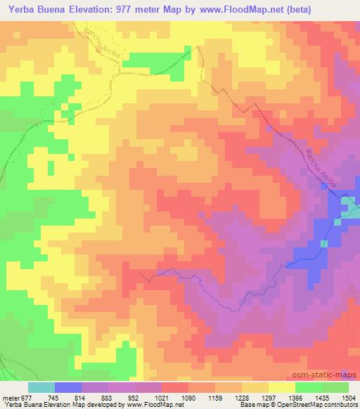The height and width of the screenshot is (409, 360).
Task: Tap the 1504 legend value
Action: coord(347,398)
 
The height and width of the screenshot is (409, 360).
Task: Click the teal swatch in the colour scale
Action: coord(41,388)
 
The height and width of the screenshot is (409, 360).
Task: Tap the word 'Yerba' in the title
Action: coord(20,9)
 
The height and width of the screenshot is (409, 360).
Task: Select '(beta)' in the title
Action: coord(309,9)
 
